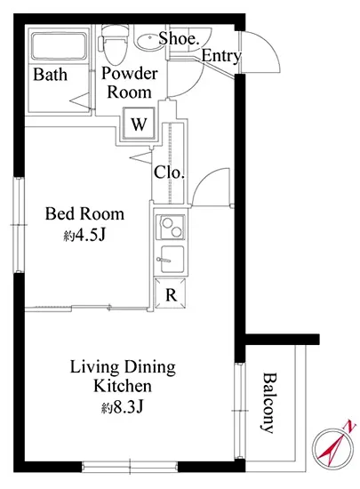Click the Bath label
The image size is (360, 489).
click(50, 75)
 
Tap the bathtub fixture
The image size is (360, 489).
click(59, 46)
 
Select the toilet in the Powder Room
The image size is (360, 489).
click(114, 44)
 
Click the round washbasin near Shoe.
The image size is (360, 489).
click(149, 41)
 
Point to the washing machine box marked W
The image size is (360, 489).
click(139, 124)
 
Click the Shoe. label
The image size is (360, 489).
click(179, 38)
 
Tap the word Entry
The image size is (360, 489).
click(221, 56)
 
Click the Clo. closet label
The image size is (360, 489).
click(169, 172)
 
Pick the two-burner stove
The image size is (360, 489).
click(170, 228)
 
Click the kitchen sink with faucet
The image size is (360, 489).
click(172, 260)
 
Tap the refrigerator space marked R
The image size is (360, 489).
click(171, 293)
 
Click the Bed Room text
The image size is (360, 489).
click(84, 214)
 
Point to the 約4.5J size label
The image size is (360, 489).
click(84, 236)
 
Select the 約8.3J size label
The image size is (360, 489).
click(122, 407)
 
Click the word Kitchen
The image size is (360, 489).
click(123, 386)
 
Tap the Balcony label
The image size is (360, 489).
click(268, 403)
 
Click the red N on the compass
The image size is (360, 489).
click(350, 427)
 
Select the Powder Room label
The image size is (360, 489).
click(130, 83)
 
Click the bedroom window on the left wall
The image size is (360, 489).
click(19, 225)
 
